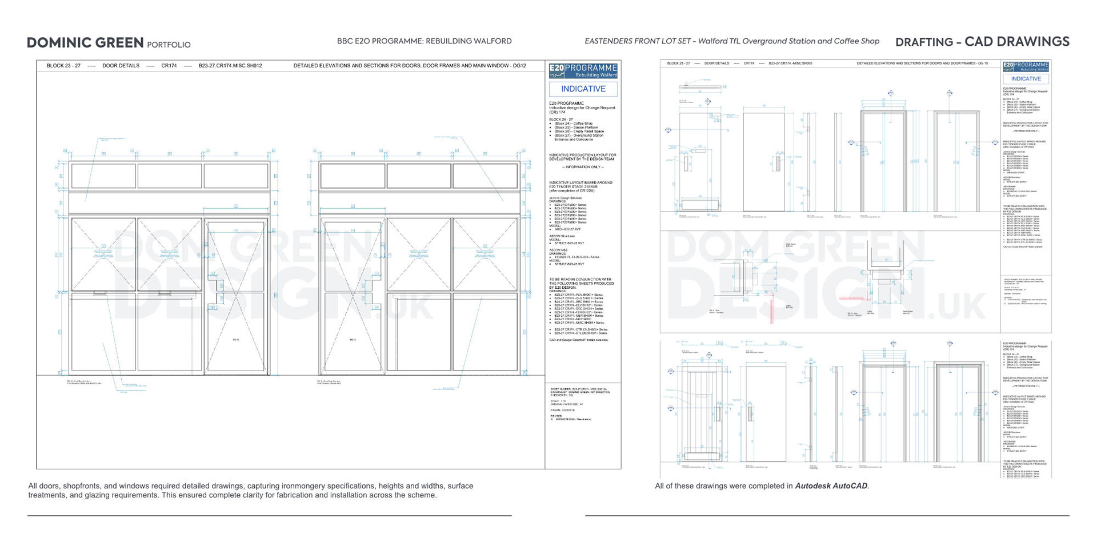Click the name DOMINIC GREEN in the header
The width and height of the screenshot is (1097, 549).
tap(85, 43)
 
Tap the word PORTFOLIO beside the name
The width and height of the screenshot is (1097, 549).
tap(169, 45)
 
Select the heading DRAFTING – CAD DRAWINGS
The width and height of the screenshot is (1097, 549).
tap(982, 42)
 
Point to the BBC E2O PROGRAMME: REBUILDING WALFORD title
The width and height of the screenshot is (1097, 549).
tap(424, 41)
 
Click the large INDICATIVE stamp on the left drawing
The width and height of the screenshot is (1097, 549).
tap(583, 89)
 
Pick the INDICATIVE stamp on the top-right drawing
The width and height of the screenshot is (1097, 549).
tap(1026, 79)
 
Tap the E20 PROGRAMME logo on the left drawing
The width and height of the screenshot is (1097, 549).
tap(583, 71)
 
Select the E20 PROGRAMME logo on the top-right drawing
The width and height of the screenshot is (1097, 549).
tap(1026, 66)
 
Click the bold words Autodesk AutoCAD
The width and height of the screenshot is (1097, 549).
tap(831, 486)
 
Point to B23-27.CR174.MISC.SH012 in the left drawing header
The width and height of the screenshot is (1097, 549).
tap(230, 66)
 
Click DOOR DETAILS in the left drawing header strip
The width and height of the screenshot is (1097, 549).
tap(121, 66)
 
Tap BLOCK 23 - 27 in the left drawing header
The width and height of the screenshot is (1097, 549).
tap(63, 66)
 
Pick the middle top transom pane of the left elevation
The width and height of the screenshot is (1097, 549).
tap(170, 176)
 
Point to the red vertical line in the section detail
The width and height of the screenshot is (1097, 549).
tap(772, 309)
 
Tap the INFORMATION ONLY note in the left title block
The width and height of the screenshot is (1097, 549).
tap(583, 167)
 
